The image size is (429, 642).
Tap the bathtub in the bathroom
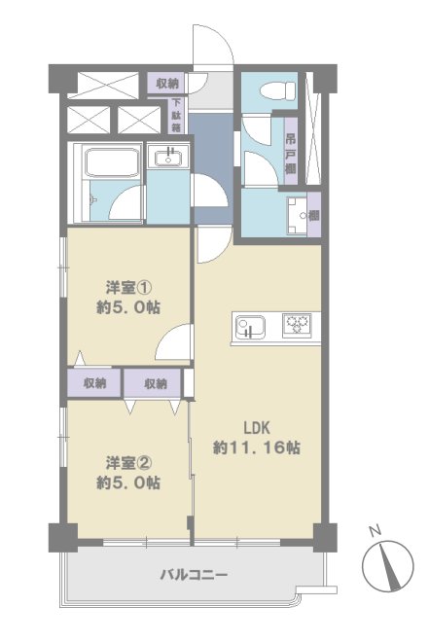(111, 162)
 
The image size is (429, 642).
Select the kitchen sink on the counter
(250, 328)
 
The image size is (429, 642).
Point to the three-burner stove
(297, 325)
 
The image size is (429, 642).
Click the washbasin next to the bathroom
(168, 156)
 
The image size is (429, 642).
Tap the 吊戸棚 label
(291, 153)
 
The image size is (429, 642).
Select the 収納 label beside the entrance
(168, 84)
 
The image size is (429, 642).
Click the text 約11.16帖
(256, 447)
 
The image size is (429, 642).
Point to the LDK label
(257, 428)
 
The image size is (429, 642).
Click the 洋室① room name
(128, 288)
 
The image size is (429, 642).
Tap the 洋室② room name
(128, 463)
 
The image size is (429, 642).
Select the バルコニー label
(194, 575)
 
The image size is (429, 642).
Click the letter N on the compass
(375, 532)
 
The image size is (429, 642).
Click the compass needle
(390, 567)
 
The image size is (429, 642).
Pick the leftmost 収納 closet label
(95, 383)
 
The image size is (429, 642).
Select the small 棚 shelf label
(314, 215)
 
